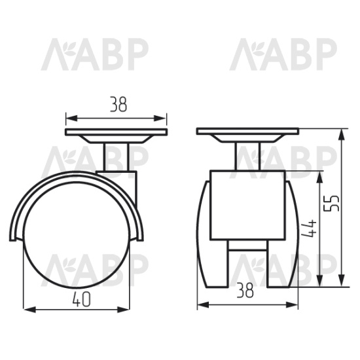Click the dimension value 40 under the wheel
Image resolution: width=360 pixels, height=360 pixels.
click(82, 300)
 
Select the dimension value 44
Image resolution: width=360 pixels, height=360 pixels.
click(309, 228)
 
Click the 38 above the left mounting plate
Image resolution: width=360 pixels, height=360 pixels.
click(118, 105)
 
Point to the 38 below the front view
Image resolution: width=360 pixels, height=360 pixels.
click(245, 290)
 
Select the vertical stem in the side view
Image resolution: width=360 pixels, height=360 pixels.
click(116, 157)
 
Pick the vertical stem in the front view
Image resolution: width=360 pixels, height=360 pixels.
click(247, 156)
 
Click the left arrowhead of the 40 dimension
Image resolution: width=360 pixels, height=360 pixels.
click(30, 310)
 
